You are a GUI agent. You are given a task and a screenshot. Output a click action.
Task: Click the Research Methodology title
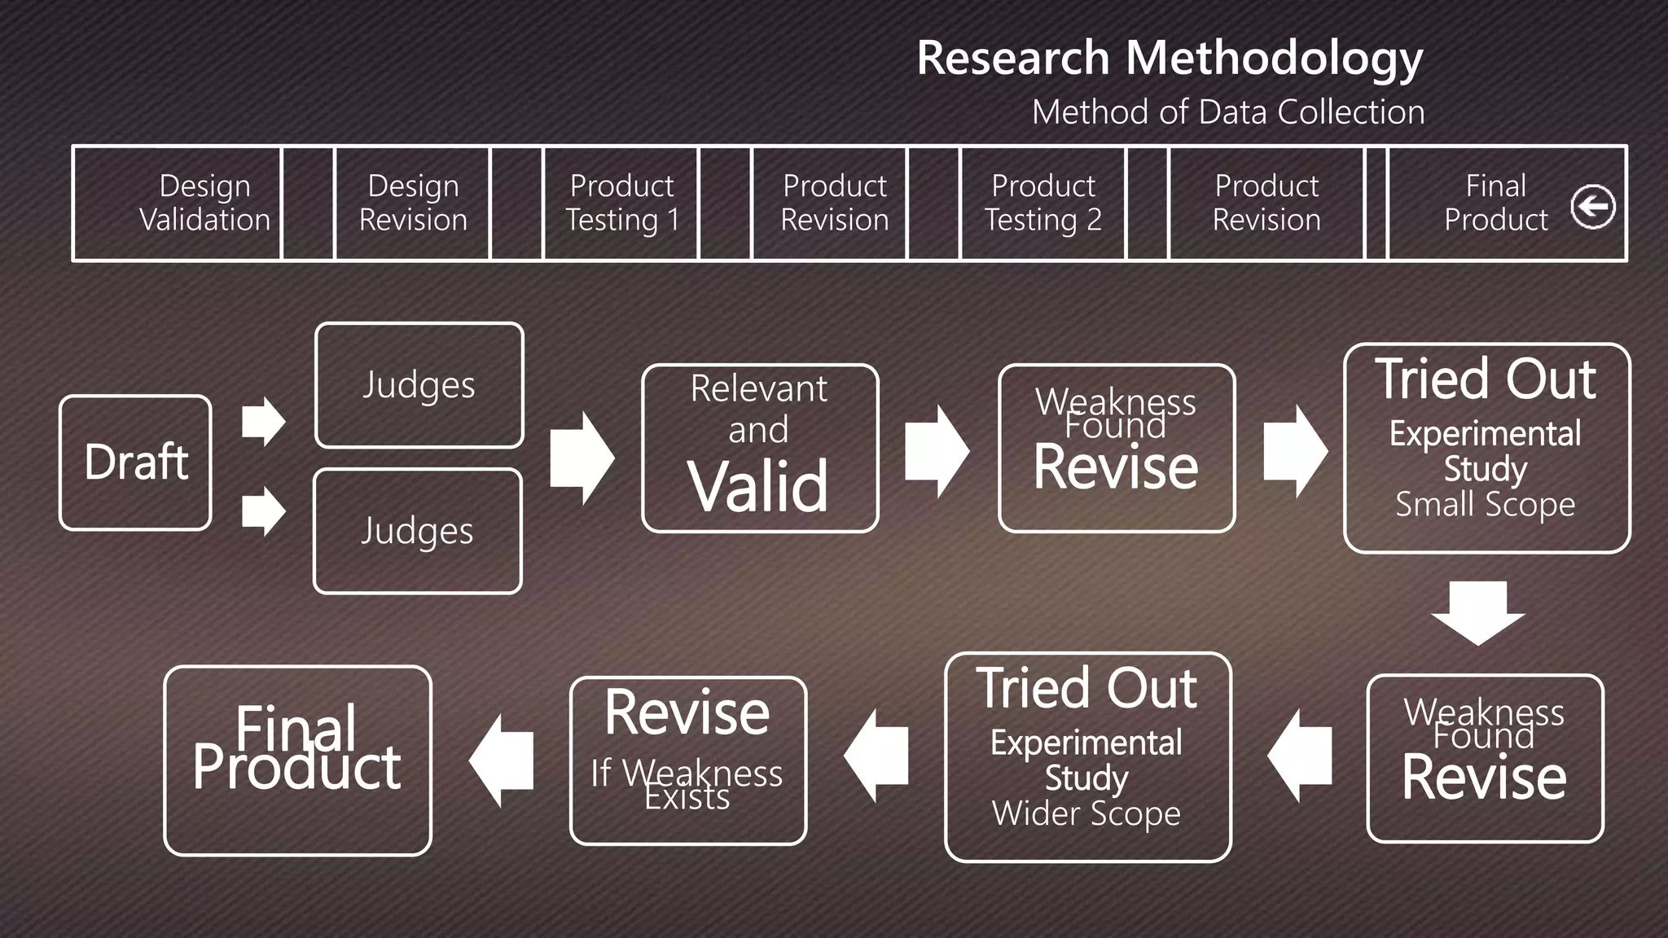coord(1170,59)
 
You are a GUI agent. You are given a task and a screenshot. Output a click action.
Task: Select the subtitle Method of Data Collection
coord(1228,112)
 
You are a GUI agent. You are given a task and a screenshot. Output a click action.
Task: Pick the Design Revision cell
coord(413,203)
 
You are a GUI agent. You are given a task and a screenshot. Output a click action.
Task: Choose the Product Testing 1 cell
coord(621,203)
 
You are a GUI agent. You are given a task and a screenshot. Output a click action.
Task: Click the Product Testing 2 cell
coord(1042,203)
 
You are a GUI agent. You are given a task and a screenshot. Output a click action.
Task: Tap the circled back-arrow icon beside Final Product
coord(1592,207)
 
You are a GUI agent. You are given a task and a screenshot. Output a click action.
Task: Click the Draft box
coord(136,462)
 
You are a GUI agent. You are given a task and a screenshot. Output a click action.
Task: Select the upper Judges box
coord(419,385)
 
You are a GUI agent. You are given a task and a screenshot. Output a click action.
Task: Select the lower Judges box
coord(417,531)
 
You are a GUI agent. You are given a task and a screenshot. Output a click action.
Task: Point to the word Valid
coord(758,487)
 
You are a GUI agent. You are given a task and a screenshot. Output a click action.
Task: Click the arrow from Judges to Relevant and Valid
coord(582,458)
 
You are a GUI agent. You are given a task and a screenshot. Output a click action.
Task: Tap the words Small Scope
coord(1485,505)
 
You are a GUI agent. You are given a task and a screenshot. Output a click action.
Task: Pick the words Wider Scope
coord(1086,813)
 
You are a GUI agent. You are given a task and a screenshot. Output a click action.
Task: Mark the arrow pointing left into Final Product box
coord(503,760)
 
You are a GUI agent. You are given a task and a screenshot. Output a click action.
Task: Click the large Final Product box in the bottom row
coord(297,760)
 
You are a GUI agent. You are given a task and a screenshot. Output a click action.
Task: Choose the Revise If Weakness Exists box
coord(687,760)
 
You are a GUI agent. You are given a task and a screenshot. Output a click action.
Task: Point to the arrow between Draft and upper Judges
coord(263,422)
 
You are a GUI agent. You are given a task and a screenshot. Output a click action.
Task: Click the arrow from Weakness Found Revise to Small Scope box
coord(1295,451)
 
